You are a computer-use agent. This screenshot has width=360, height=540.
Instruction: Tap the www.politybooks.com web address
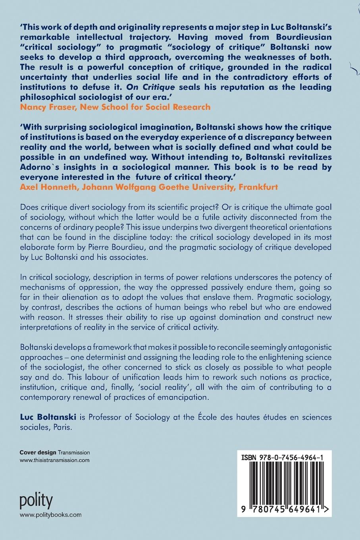click(x=50, y=515)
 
